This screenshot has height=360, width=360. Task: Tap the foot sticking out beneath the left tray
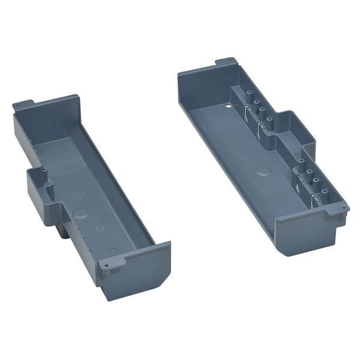[64, 230]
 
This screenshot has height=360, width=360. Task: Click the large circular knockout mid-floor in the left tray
[79, 213]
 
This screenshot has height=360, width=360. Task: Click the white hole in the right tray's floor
[229, 108]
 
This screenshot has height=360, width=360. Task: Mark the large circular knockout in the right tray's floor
[263, 170]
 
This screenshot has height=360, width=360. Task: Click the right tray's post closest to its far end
[246, 96]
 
